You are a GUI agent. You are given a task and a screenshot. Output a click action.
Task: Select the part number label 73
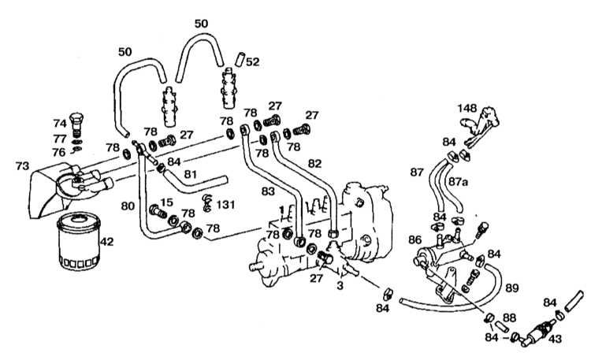pos(22,166)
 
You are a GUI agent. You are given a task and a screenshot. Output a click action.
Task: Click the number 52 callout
pos(252,61)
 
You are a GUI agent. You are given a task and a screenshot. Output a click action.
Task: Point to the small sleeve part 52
pos(240,59)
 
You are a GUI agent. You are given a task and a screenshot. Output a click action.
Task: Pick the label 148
pos(467,109)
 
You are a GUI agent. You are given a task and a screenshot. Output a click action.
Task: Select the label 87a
pos(458,182)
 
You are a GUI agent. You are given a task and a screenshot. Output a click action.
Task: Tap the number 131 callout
pos(225,205)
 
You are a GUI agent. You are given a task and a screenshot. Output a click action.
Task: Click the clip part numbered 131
pos(206,202)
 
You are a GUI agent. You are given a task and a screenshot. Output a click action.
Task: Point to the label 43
pos(555,339)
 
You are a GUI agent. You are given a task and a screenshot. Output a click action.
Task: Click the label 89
pos(512,288)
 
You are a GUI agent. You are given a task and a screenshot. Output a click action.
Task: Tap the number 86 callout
pos(415,239)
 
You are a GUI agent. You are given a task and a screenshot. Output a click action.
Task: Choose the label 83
pos(268,192)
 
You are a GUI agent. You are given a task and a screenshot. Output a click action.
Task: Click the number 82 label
pos(314,164)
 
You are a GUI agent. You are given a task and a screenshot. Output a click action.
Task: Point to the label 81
pos(191,175)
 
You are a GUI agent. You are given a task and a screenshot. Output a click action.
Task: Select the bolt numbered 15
pos(158,211)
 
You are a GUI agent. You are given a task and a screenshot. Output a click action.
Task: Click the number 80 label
pos(128,206)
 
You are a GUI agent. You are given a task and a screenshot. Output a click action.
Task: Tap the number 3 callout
pos(340,286)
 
